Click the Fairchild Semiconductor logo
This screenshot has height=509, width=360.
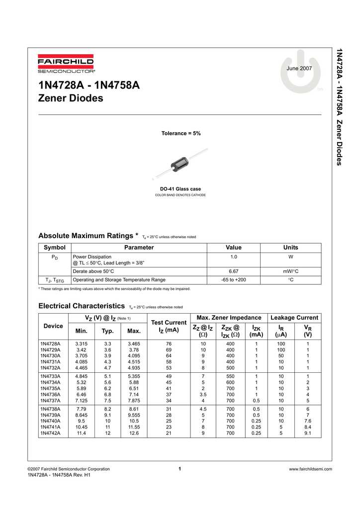[x=66, y=64]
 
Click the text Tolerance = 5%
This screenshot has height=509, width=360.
[x=181, y=134]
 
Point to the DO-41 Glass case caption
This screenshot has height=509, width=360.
[x=180, y=189]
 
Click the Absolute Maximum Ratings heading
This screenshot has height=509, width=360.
[x=88, y=236]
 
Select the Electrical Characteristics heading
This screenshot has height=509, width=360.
[x=82, y=306]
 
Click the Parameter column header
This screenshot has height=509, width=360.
[x=139, y=248]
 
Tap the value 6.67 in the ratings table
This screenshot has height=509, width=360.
[x=233, y=271]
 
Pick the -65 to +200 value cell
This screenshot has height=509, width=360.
[x=233, y=280]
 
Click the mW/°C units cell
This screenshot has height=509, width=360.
[x=290, y=271]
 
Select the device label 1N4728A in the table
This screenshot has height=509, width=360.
[x=50, y=344]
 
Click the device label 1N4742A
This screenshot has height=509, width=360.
[x=50, y=433]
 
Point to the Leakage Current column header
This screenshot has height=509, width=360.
[x=294, y=318]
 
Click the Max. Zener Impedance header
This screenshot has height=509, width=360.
[x=229, y=318]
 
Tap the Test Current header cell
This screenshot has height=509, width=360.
[x=169, y=327]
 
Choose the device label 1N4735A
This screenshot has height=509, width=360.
[x=50, y=389]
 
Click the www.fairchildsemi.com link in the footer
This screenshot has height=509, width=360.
[x=310, y=469]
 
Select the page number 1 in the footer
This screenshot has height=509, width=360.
[x=180, y=469]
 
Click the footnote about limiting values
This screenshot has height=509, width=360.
[x=114, y=289]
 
